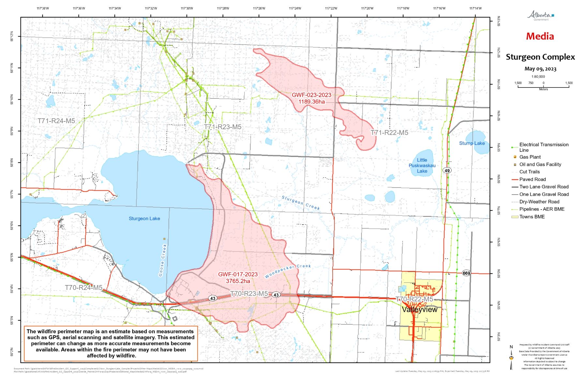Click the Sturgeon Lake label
point(144,218)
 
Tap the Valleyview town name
point(419,309)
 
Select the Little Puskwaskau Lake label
point(422,166)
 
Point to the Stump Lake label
point(472,143)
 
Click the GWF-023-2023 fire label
point(311,95)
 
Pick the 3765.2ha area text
point(238,281)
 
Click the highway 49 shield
point(447,170)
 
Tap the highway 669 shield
point(466,273)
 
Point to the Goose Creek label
point(163,260)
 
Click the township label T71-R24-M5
point(56,121)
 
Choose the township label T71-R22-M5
point(389,133)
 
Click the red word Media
point(540,36)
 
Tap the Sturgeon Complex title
point(540,57)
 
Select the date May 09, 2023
point(540,69)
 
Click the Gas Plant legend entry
point(530,157)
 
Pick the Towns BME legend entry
point(532,217)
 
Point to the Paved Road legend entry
point(532,179)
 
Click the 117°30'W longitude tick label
point(187,8)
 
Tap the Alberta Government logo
point(540,15)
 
